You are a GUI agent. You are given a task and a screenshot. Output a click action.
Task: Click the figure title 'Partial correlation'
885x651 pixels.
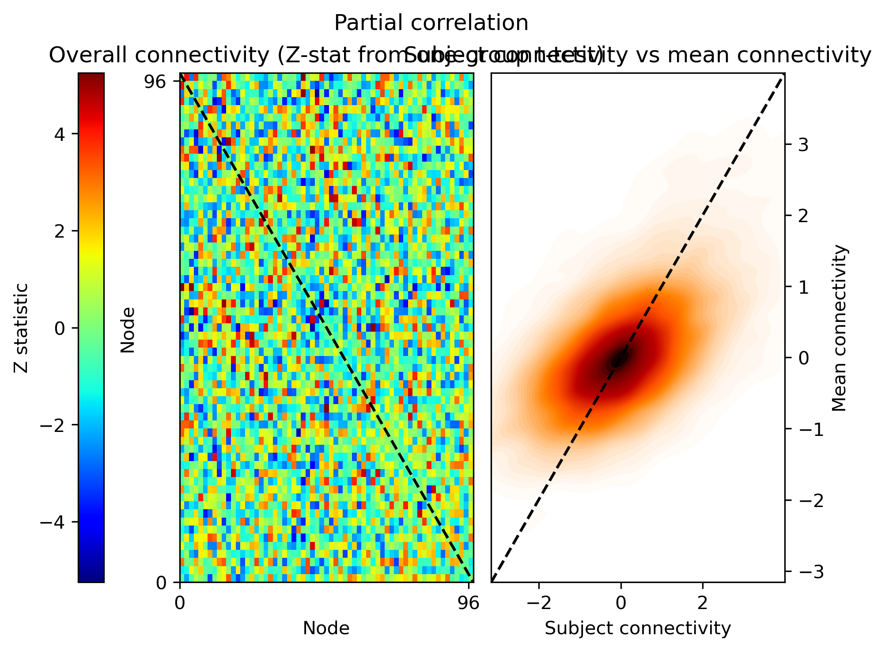tap(431, 23)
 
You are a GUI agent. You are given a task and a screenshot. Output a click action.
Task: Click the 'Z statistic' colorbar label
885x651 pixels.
tap(21, 328)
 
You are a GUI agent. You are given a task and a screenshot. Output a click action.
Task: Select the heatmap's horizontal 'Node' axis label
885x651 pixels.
tap(326, 628)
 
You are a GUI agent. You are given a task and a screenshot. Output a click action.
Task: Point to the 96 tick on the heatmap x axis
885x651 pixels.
tap(468, 603)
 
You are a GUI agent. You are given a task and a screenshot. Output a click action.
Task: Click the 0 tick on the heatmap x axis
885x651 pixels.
tap(180, 603)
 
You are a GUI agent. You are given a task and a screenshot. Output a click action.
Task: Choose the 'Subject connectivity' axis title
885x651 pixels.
tap(638, 628)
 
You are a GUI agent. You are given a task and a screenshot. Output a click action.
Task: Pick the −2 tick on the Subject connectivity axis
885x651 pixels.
tap(539, 603)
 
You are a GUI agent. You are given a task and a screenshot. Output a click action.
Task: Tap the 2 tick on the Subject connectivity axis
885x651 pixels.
tap(703, 603)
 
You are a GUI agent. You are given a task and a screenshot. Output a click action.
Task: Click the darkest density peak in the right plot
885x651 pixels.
tap(618, 359)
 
